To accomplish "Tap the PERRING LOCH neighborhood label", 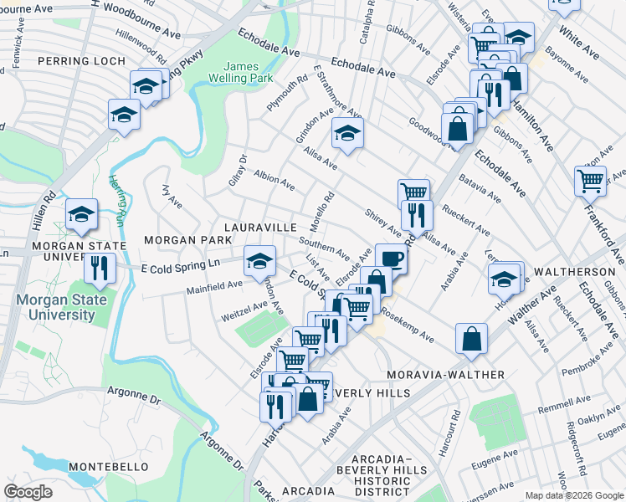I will pos(82,62).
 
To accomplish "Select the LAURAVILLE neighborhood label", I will pos(259,228).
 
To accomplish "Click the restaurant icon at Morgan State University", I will pos(100,268).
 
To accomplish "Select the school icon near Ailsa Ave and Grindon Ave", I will pos(347,132).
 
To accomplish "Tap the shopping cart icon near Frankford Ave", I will pos(590,179).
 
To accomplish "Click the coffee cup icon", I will pos(391,257).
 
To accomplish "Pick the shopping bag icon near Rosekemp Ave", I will pos(472,338).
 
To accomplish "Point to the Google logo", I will pos(28,492).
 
